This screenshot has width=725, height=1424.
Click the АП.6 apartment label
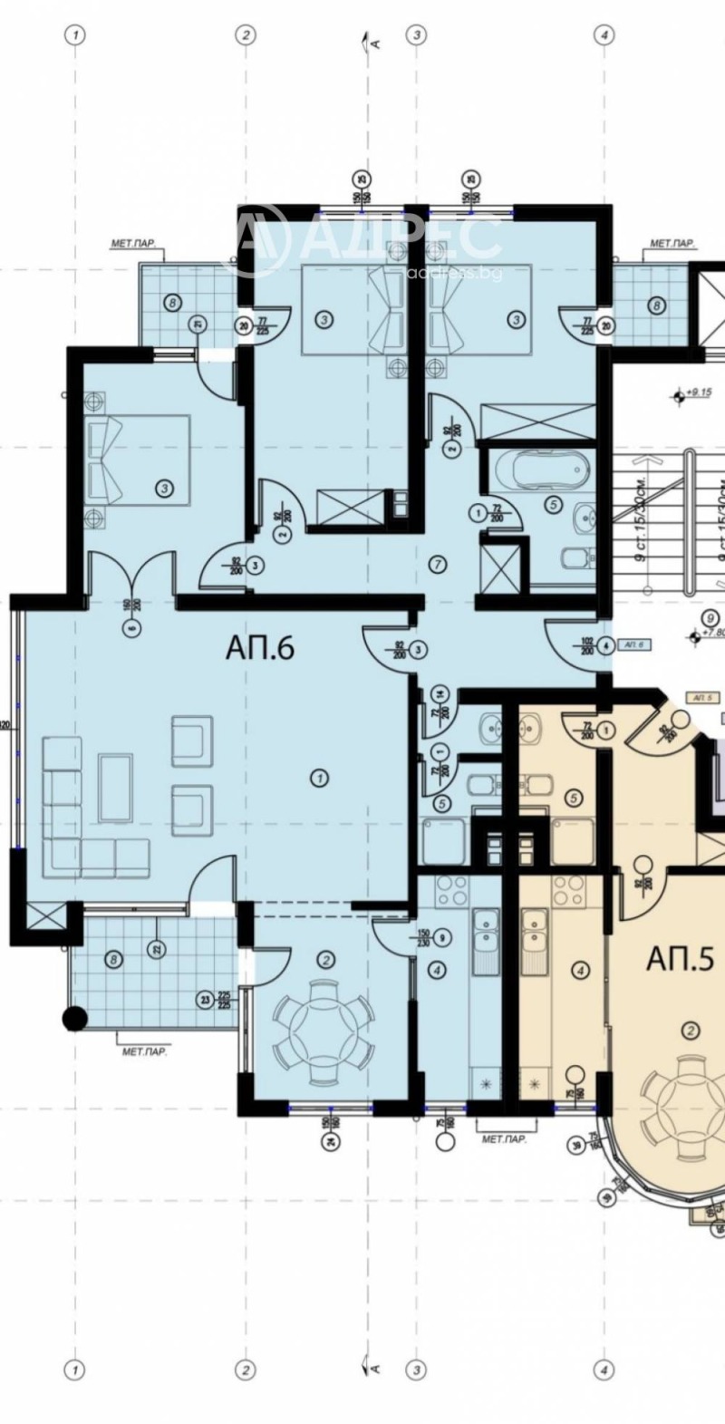[260, 649]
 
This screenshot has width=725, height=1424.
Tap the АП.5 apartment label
[680, 958]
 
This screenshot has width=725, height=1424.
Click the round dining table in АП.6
[323, 1032]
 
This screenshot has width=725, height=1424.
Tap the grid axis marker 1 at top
[76, 34]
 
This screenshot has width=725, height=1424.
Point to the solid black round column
[75, 1019]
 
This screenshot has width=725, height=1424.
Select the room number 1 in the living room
[317, 777]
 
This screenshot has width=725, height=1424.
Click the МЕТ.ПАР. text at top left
[130, 243]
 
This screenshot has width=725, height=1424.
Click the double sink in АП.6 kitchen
[486, 938]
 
